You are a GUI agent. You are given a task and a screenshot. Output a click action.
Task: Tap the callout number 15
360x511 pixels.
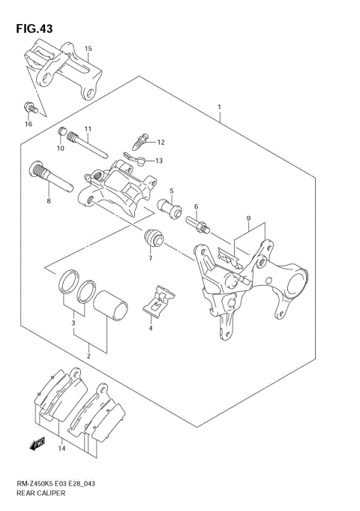[88, 49]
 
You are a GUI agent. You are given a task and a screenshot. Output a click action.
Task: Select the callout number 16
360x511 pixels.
[28, 124]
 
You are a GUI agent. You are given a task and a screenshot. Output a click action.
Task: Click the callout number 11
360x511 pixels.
[88, 129]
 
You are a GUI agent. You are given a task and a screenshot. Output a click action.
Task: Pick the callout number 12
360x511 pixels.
[160, 142]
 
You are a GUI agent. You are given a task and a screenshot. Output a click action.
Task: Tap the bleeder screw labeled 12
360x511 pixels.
[140, 140]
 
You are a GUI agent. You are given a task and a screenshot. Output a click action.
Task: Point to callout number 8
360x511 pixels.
[49, 201]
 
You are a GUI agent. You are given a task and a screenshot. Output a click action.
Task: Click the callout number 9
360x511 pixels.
[247, 218]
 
